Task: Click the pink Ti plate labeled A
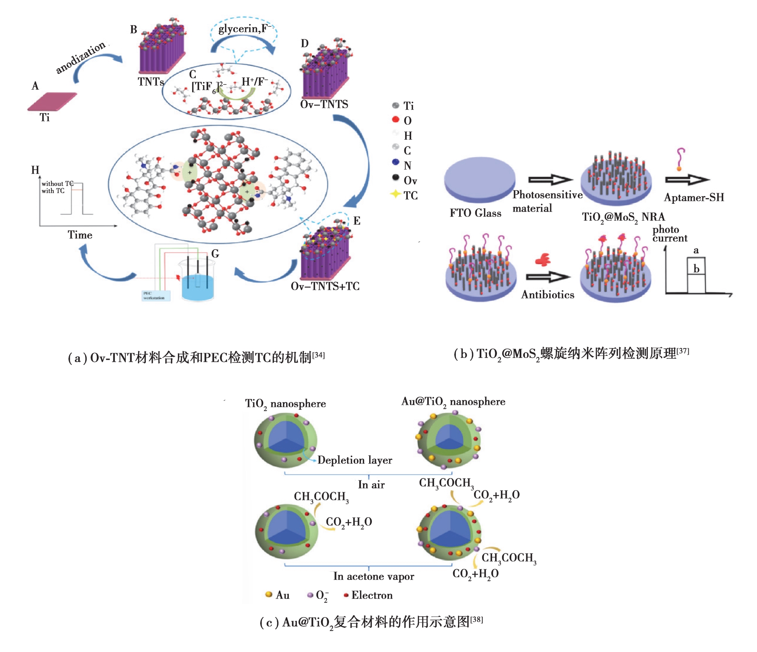pyautogui.click(x=52, y=101)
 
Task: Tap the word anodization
pyautogui.click(x=80, y=57)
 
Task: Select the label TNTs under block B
pyautogui.click(x=150, y=81)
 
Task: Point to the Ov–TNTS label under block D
pyautogui.click(x=324, y=104)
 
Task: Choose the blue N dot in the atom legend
pyautogui.click(x=395, y=162)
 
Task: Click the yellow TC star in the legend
pyautogui.click(x=395, y=194)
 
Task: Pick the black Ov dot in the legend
pyautogui.click(x=395, y=177)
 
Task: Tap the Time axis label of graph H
pyautogui.click(x=80, y=235)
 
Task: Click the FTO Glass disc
pyautogui.click(x=479, y=179)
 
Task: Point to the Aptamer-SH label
pyautogui.click(x=694, y=197)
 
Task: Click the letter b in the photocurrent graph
pyautogui.click(x=696, y=269)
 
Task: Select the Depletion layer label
pyautogui.click(x=354, y=460)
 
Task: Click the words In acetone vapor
pyautogui.click(x=374, y=576)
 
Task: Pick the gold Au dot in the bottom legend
pyautogui.click(x=269, y=594)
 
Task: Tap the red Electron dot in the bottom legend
pyautogui.click(x=346, y=595)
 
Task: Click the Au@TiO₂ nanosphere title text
pyautogui.click(x=453, y=402)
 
